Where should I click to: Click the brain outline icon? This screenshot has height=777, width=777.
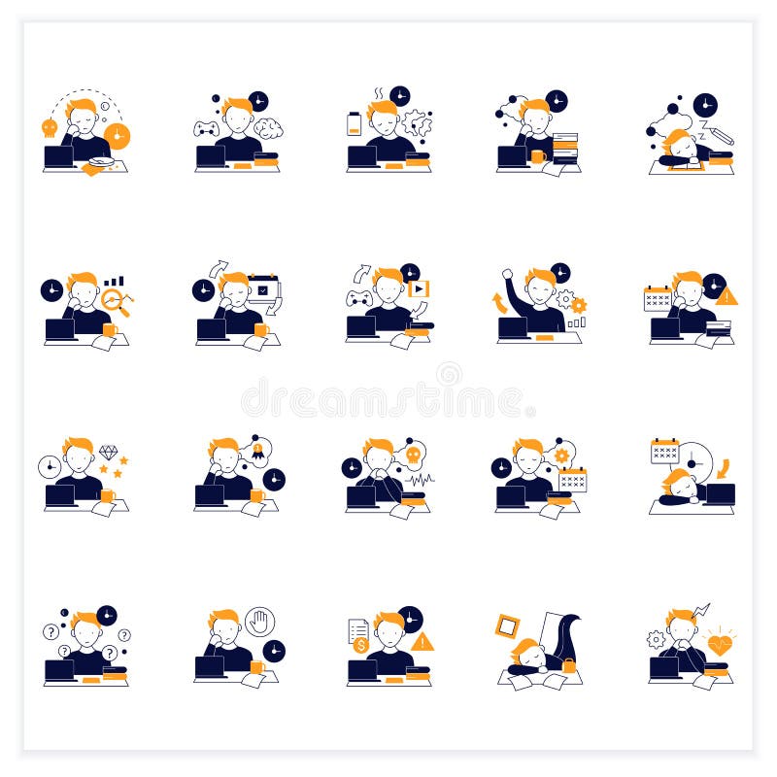[x=268, y=128]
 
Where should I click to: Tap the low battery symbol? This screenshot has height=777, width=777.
[x=354, y=124]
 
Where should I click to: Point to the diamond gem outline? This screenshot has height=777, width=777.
[x=108, y=453]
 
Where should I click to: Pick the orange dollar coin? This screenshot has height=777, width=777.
[x=360, y=645]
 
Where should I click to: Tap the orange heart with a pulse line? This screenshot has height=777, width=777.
[x=720, y=644]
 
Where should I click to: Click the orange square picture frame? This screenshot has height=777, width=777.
[x=507, y=626]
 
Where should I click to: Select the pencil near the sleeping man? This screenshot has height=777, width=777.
[x=721, y=135]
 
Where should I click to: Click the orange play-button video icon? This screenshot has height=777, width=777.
[x=419, y=288]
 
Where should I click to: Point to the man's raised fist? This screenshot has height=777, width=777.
[x=507, y=278]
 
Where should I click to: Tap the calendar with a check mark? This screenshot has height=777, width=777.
[x=262, y=289]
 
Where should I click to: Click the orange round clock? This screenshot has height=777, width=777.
[x=117, y=136]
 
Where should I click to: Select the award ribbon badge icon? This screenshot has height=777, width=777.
[x=257, y=450]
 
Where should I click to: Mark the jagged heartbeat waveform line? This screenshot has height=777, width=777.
[x=420, y=478]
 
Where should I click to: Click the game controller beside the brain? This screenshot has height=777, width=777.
[x=206, y=128]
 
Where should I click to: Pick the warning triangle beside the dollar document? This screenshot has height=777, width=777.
[x=422, y=642]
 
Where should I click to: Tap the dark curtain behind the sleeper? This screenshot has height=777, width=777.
[x=565, y=637]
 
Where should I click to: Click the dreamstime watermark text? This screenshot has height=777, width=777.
[x=388, y=398]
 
